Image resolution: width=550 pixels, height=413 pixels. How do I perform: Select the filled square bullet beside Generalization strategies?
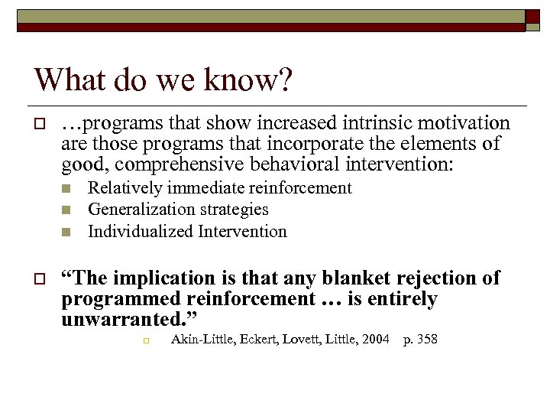tap(66, 210)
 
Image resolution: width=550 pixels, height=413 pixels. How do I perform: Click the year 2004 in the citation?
tap(375, 339)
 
